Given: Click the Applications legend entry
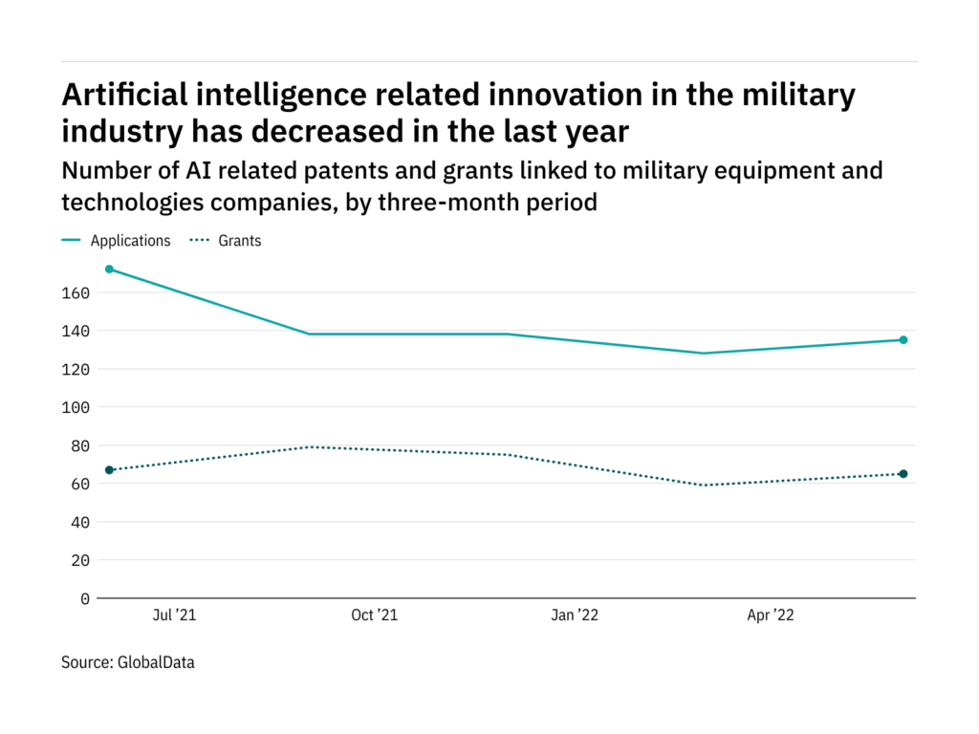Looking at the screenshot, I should click(x=130, y=241).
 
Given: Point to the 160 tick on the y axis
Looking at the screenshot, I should click(x=76, y=292).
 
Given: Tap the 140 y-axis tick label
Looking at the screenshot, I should click(x=76, y=331).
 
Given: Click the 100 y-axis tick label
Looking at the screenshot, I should click(x=76, y=407).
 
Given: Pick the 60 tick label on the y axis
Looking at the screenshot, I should click(x=79, y=484).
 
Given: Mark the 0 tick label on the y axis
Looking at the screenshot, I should click(x=84, y=598).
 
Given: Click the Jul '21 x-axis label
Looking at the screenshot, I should click(x=174, y=615).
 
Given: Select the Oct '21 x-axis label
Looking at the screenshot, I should click(x=374, y=615).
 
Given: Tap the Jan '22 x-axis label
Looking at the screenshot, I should click(x=575, y=615).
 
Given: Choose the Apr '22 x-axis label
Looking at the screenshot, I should click(x=771, y=615).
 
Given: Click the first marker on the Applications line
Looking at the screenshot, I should click(x=109, y=270).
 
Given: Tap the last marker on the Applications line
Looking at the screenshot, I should click(x=903, y=340).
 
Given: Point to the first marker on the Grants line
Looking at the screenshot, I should click(x=109, y=470).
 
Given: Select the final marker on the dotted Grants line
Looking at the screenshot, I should click(x=903, y=474).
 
